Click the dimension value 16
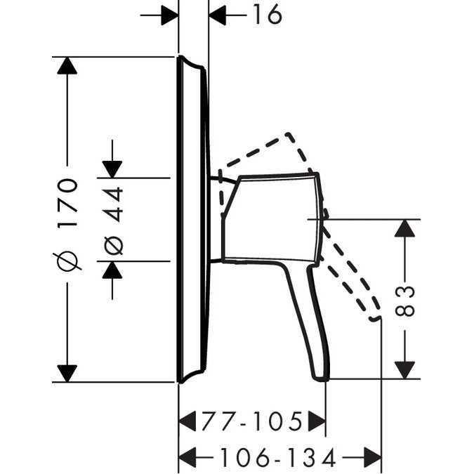(268, 15)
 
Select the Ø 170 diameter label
(67, 224)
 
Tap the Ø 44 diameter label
(113, 221)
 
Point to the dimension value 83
(405, 301)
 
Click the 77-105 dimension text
(252, 421)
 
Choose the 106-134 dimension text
(278, 457)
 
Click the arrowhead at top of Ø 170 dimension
(67, 65)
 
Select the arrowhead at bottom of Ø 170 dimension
(67, 374)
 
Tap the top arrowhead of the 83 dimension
(404, 228)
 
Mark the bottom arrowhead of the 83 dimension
(404, 370)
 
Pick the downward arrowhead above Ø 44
(112, 169)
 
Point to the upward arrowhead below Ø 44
(112, 270)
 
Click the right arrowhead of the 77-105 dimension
(317, 421)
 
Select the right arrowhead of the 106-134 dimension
(373, 457)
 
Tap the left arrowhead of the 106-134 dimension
(187, 457)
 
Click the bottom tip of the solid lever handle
(321, 379)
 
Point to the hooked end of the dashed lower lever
(375, 319)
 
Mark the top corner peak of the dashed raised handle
(289, 133)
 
